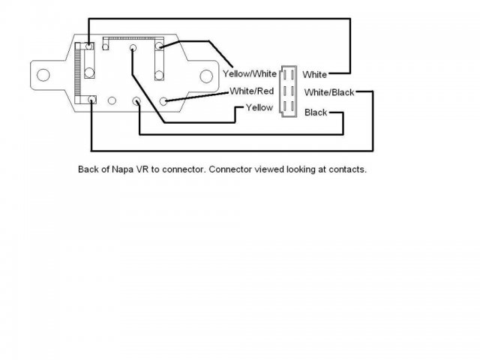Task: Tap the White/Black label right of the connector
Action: click(328, 92)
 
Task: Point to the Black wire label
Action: click(315, 112)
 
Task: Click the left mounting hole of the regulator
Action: click(43, 74)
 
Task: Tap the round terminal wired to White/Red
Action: click(165, 100)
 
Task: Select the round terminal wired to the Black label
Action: click(136, 101)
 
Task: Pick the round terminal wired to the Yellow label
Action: click(133, 49)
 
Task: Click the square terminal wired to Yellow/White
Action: click(160, 46)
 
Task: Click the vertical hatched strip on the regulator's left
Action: click(77, 70)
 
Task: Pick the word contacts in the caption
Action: click(346, 169)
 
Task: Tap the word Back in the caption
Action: click(88, 169)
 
